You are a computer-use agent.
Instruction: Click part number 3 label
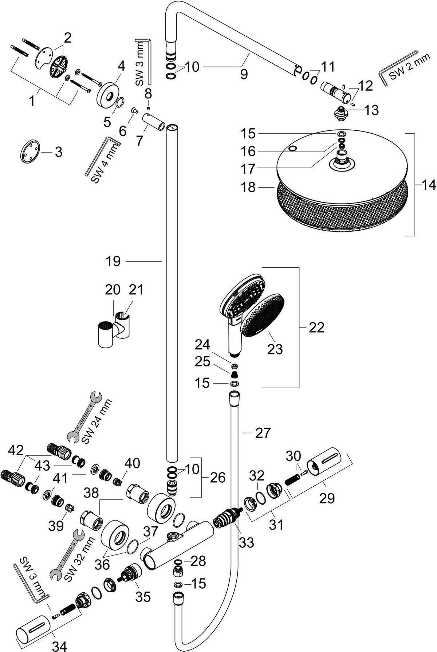(x=58, y=152)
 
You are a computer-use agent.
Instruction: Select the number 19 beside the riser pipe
(x=113, y=261)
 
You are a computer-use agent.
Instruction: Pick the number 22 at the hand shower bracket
(x=316, y=327)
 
